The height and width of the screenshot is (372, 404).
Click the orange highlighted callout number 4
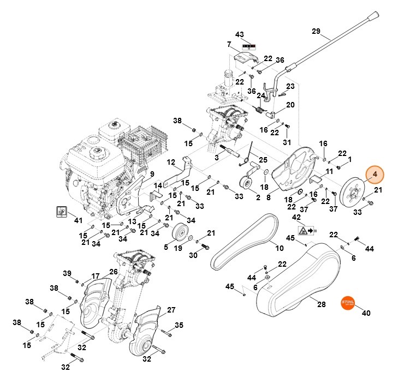[x=375, y=174]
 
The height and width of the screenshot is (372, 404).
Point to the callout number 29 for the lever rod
[x=316, y=32]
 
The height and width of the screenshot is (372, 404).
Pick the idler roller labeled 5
[x=177, y=235]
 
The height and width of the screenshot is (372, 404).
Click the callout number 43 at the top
[x=239, y=34]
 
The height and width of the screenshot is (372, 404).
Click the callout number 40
[x=366, y=313]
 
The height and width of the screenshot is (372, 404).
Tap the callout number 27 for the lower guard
[x=171, y=310]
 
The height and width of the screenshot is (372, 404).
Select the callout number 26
[x=113, y=272]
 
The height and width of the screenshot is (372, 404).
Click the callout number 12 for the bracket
[x=171, y=162]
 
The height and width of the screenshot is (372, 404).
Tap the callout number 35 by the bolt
[x=179, y=326]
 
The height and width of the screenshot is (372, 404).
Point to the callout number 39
[x=67, y=273]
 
